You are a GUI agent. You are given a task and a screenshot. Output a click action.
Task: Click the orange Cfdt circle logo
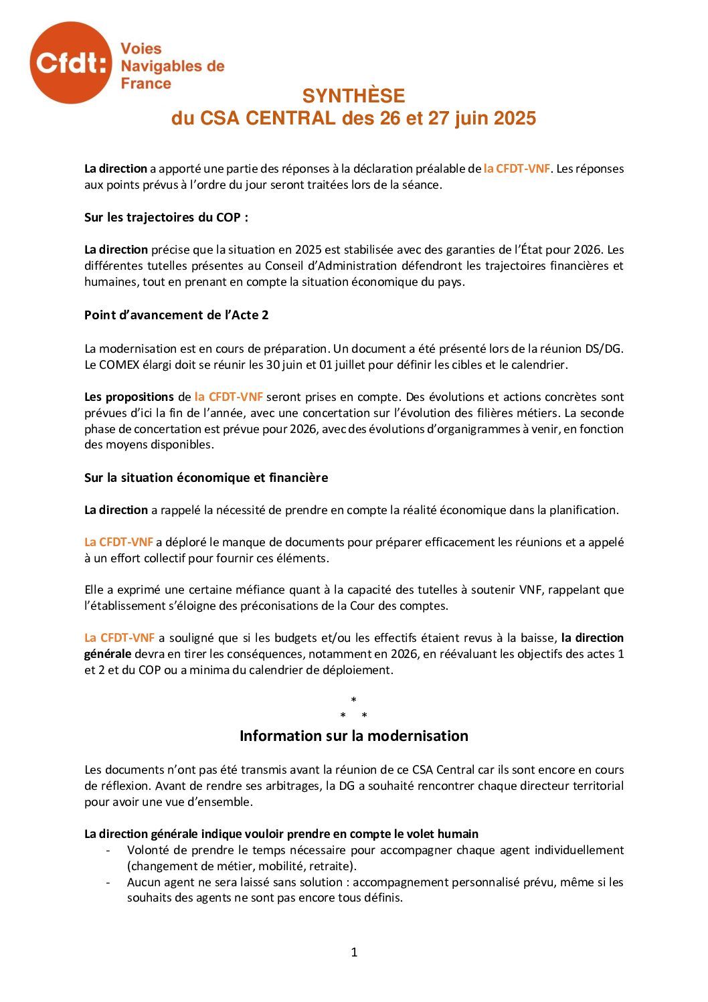[70, 62]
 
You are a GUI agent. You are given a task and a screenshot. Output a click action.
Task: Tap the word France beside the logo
[146, 84]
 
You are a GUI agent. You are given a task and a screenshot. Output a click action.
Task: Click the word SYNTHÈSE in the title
[353, 96]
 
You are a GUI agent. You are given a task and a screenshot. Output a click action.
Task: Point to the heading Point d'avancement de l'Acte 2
[177, 315]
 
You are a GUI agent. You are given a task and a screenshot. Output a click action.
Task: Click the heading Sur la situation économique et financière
[206, 478]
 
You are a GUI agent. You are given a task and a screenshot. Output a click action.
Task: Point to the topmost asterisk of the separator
[354, 700]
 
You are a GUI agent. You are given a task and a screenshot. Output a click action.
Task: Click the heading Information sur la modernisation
[354, 736]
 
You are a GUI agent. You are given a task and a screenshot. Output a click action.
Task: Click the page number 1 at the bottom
[354, 952]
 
